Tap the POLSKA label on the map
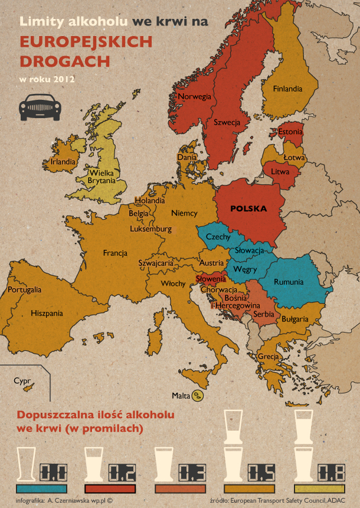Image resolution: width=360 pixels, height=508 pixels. [x=248, y=209]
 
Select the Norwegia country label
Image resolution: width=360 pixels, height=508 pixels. [x=194, y=97]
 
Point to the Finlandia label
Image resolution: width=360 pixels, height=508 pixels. [x=287, y=89]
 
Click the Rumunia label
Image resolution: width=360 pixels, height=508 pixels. [x=289, y=282]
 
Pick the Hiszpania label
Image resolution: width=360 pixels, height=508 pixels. [x=47, y=313]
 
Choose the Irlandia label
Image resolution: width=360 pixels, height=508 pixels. [x=63, y=161]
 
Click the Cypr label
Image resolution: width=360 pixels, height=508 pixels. [x=22, y=381]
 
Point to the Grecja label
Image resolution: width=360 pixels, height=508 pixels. [x=268, y=357]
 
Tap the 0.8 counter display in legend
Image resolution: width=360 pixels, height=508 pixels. [x=332, y=473]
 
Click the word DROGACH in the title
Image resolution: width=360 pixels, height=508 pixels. [x=64, y=61]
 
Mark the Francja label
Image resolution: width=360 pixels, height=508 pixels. [x=115, y=253]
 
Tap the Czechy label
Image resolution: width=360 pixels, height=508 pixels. [x=218, y=237]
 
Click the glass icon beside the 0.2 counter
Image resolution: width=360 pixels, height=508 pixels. [x=95, y=464]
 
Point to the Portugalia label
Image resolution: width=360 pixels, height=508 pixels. [x=25, y=290]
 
